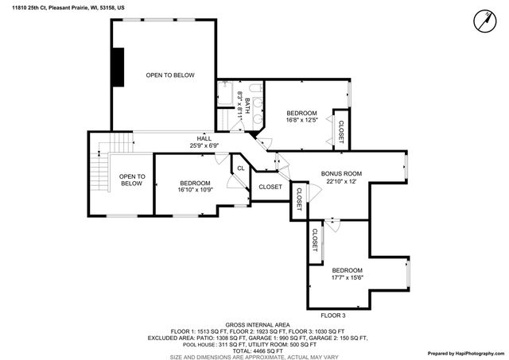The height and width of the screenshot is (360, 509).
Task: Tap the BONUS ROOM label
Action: tap(341, 173)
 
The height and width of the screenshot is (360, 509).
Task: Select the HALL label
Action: tap(204, 138)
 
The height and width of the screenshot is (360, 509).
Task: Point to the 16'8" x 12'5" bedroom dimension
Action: tap(302, 121)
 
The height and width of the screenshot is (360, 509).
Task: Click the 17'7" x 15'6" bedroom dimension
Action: tap(347, 278)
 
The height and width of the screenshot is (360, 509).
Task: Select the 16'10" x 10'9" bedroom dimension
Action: tap(195, 190)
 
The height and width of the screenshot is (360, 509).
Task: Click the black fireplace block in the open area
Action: tap(119, 66)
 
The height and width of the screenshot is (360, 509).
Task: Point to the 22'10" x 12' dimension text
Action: tap(341, 181)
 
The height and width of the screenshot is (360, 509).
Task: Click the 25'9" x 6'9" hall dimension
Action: tap(204, 145)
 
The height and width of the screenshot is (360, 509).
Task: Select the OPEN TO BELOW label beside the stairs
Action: tap(132, 180)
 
